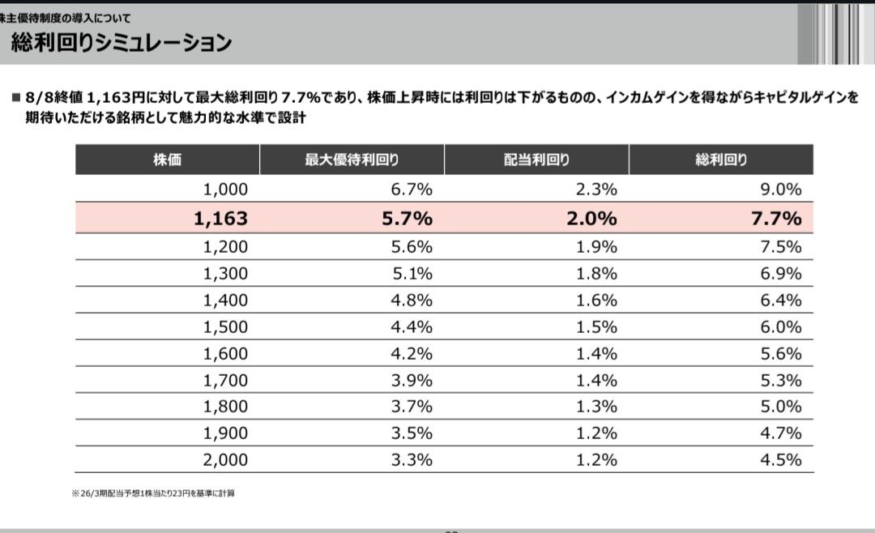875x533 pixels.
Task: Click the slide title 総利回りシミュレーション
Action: click(x=122, y=42)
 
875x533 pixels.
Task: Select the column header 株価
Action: click(x=167, y=160)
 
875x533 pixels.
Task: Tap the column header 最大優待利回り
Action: click(x=352, y=160)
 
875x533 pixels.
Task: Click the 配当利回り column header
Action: click(x=536, y=160)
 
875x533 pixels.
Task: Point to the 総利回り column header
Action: click(x=721, y=160)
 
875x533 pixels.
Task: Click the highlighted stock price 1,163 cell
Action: click(x=220, y=218)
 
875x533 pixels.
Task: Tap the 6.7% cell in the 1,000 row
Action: click(x=412, y=190)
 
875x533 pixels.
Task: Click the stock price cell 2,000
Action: click(x=225, y=459)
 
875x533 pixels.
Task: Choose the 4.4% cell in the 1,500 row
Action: click(x=412, y=327)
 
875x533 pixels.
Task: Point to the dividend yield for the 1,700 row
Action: click(x=597, y=380)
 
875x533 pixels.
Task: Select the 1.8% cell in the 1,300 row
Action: click(x=597, y=274)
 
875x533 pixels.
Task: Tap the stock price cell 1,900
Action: click(x=225, y=433)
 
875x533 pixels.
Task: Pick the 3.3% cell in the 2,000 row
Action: click(x=412, y=459)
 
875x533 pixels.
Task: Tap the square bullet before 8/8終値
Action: click(x=15, y=98)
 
